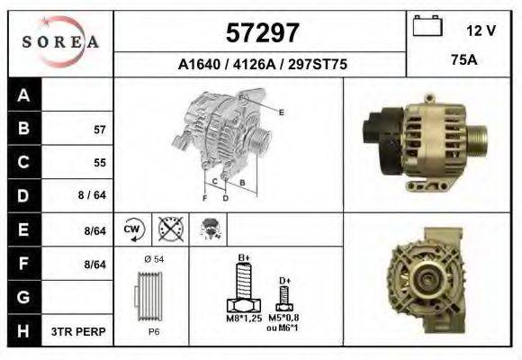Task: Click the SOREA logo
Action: point(61,41)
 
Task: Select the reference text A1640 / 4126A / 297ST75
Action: point(262,65)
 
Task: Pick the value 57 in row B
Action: point(100,130)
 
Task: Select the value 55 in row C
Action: point(100,163)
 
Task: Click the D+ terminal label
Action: point(284,281)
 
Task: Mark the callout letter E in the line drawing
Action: point(283,112)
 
